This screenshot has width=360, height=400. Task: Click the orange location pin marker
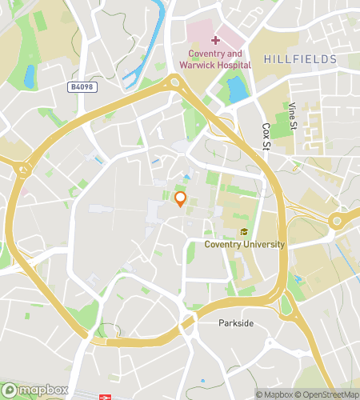[x=180, y=198]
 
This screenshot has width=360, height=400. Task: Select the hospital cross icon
[x=216, y=40]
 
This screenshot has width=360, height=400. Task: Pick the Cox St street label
[x=266, y=136]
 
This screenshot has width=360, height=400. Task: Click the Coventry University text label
[x=244, y=244]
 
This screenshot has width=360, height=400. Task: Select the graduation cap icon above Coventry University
[x=244, y=232]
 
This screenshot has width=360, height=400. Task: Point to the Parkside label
[x=236, y=323]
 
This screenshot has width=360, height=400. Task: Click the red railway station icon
[x=105, y=396]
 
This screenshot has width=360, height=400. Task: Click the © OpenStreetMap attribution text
[x=328, y=394]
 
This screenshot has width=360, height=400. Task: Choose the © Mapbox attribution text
[x=275, y=394]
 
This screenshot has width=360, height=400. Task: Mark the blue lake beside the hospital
[x=238, y=90]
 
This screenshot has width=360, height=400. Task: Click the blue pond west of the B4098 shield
[x=30, y=76]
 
